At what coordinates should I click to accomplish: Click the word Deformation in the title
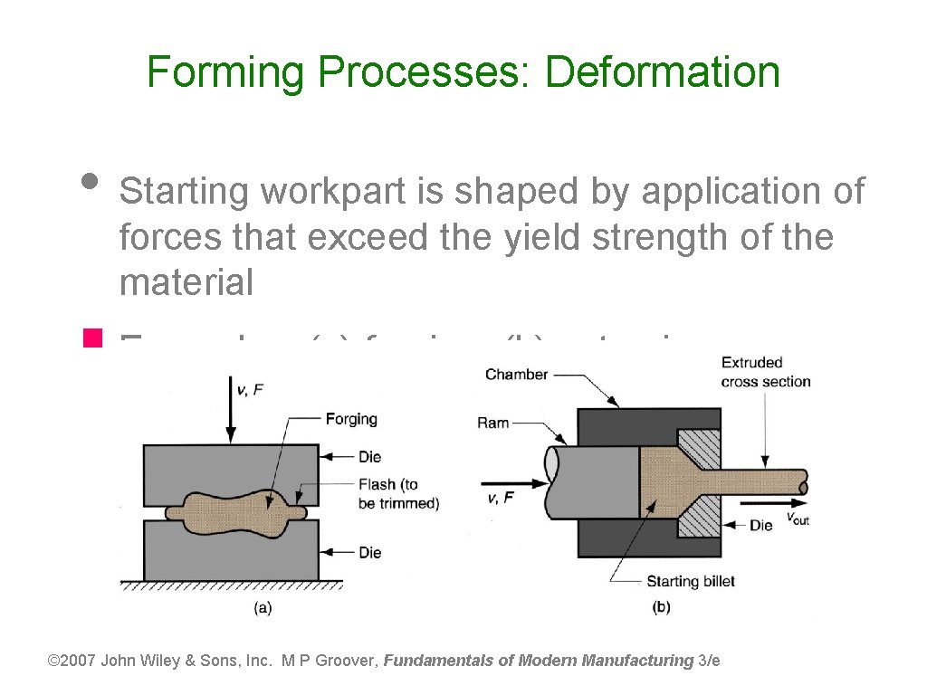click(662, 71)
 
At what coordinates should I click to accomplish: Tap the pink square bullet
click(90, 341)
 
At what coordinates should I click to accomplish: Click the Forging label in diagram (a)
click(351, 419)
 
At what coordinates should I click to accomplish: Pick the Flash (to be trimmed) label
click(398, 494)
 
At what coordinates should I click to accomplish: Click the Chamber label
click(516, 374)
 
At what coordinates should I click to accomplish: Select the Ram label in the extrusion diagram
click(493, 423)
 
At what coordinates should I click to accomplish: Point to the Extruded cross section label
click(765, 372)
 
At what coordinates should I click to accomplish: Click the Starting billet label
click(691, 581)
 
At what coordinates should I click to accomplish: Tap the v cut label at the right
click(797, 519)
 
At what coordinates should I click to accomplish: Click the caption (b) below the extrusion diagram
click(661, 607)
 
